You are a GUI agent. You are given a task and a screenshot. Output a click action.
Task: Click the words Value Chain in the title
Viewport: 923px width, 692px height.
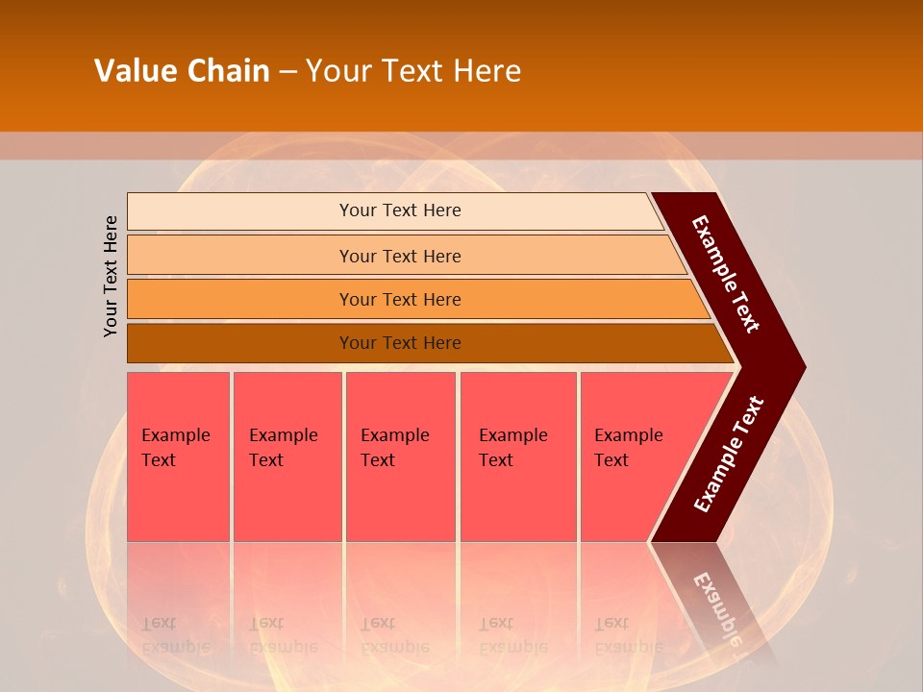pyautogui.click(x=182, y=71)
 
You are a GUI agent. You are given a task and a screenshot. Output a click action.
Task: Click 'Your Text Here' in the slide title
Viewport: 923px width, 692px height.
pyautogui.click(x=413, y=71)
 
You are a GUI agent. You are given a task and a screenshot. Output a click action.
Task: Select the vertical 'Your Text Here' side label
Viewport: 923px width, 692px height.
pyautogui.click(x=111, y=276)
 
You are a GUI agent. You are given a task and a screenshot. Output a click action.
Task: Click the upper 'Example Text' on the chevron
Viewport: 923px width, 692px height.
pyautogui.click(x=726, y=274)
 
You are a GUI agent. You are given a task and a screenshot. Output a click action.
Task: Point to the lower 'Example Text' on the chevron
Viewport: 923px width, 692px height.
pyautogui.click(x=728, y=455)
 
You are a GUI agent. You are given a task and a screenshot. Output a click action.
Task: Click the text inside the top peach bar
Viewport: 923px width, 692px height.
pyautogui.click(x=400, y=210)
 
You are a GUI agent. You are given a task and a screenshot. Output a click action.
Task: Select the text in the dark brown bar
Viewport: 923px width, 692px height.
pyautogui.click(x=400, y=343)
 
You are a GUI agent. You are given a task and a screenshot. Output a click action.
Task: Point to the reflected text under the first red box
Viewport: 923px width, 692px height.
pyautogui.click(x=175, y=634)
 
